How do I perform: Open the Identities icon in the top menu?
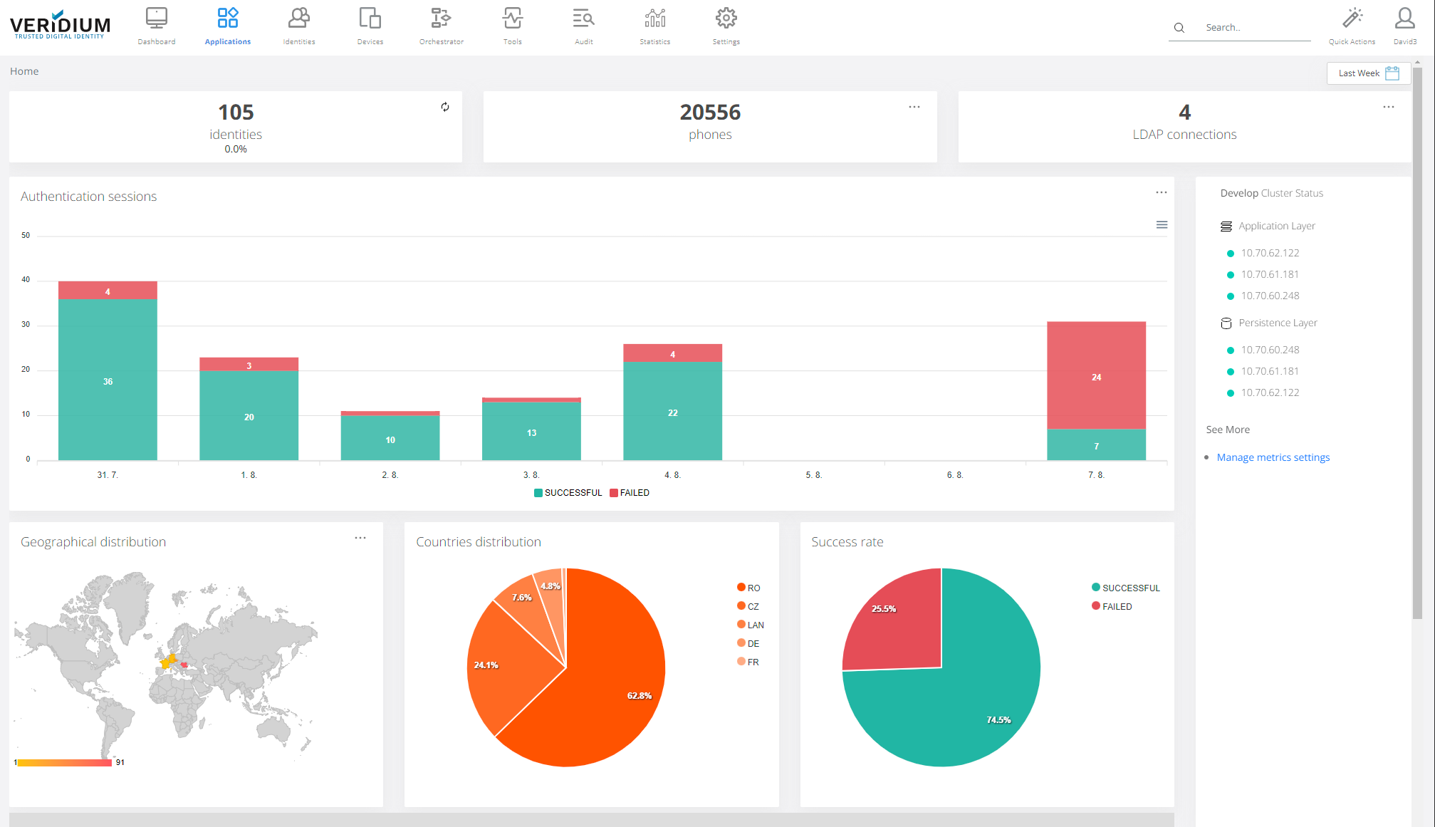(299, 19)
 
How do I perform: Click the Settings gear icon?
(726, 19)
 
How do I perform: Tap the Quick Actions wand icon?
(1352, 19)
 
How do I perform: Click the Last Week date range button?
(1368, 73)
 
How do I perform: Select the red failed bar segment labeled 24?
(1096, 375)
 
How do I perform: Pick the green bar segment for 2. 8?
(390, 437)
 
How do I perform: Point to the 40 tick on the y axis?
(26, 280)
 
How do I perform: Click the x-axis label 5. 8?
(813, 475)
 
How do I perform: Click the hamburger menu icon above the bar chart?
(1162, 225)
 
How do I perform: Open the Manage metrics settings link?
(1273, 457)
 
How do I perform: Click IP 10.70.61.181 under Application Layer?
(1270, 275)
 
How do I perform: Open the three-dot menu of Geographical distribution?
(360, 539)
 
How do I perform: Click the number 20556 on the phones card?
(710, 113)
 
